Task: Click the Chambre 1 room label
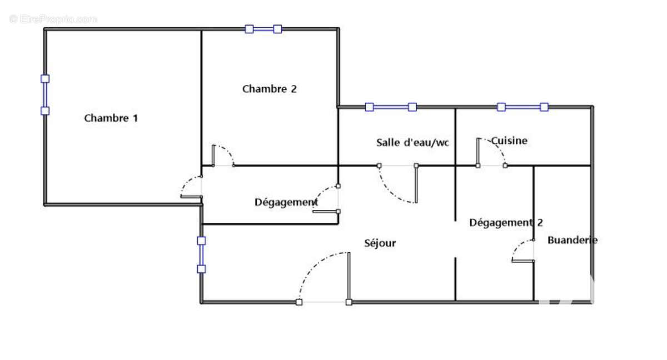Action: tap(111, 118)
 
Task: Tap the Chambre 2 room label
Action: tap(270, 89)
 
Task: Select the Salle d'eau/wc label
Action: tap(412, 142)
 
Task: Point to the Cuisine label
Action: tap(509, 141)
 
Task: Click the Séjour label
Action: tap(380, 243)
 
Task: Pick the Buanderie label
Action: tap(573, 240)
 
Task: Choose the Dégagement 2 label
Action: tap(506, 223)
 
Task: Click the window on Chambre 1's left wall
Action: tap(45, 94)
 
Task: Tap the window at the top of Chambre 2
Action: tap(263, 29)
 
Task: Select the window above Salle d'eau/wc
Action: tap(391, 107)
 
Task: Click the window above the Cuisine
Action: tap(522, 107)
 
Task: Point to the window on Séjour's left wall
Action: tap(201, 254)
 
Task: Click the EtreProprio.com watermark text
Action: tap(53, 19)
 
